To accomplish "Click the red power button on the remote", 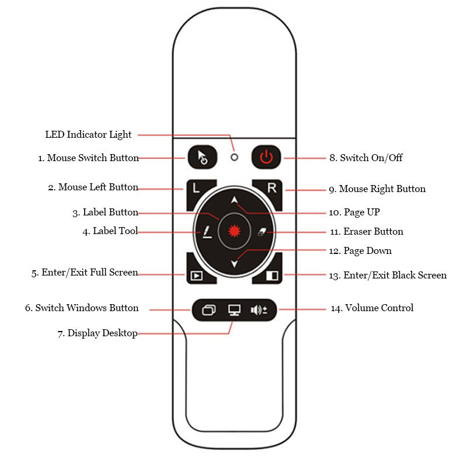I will [266, 157].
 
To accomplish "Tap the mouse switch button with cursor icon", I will [203, 157].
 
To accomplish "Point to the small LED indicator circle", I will [235, 157].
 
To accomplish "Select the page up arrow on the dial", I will [234, 200].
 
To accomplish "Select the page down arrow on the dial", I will [234, 264].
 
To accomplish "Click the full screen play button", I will [196, 275].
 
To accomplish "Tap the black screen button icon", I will [272, 275].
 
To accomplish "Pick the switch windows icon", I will [208, 309].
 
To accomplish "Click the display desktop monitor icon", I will [234, 309].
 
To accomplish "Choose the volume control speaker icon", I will [259, 309].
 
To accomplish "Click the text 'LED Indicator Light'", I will [88, 135].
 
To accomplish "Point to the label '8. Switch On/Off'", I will [365, 158].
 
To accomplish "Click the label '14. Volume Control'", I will [372, 308].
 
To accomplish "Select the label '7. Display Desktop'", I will [97, 333].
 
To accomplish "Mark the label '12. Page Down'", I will [361, 251].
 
